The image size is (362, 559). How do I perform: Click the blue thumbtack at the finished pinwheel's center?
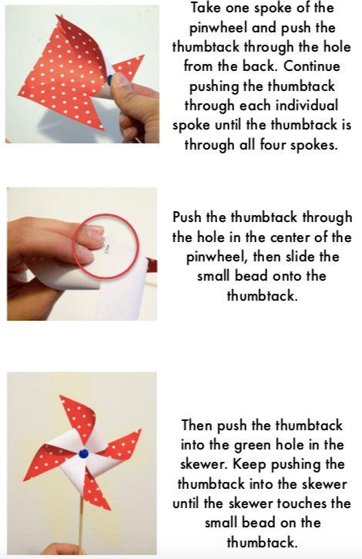[83, 453]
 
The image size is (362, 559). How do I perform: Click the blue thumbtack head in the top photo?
[109, 80]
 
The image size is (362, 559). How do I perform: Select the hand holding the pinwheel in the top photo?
[137, 107]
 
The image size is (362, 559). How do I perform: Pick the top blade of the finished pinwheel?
[79, 417]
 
